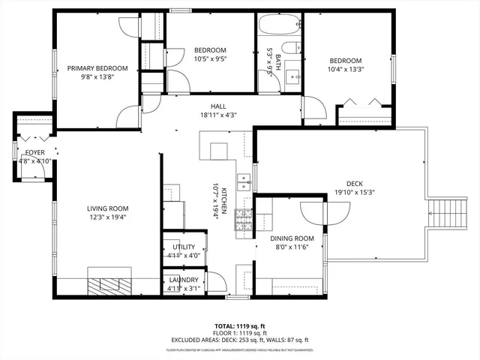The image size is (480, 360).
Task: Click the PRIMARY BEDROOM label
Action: (x=97, y=68)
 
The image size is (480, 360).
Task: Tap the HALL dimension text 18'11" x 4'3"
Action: (x=218, y=115)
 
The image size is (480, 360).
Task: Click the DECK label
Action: (x=354, y=184)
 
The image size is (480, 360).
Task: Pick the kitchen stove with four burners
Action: (x=244, y=220)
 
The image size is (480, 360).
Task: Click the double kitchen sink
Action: (x=244, y=181)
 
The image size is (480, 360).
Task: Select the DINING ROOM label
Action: (x=291, y=238)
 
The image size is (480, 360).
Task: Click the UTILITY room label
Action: (x=183, y=247)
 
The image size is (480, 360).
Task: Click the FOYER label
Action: (x=34, y=152)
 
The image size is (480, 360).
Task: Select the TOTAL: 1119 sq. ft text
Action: (x=240, y=326)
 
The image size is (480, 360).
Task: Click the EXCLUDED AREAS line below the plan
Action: (x=240, y=341)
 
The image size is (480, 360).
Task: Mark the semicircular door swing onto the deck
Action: (x=323, y=212)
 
